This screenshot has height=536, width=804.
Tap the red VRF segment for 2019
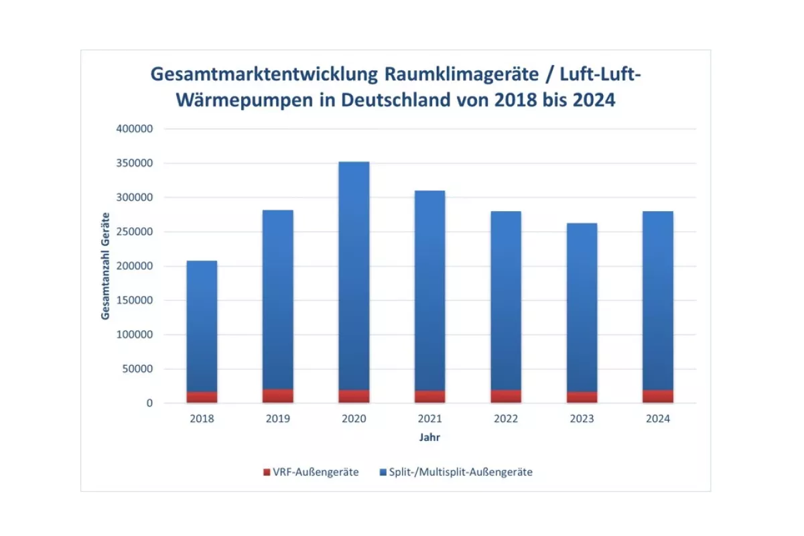coord(277,396)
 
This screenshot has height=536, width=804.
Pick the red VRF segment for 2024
coord(658,396)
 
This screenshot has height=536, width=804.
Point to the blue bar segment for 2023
coord(582,308)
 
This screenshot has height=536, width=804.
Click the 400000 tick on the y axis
coord(136,129)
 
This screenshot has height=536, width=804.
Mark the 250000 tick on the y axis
coord(136,232)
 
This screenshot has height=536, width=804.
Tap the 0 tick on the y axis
coord(150,403)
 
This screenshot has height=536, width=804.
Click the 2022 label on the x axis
coord(506,419)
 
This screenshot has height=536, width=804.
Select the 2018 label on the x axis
coord(202,419)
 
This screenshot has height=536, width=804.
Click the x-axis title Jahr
coord(429,438)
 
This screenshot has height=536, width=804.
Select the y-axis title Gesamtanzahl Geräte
coord(106,266)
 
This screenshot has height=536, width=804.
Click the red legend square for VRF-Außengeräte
coord(267,472)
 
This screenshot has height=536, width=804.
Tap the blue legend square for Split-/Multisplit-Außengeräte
coord(383,472)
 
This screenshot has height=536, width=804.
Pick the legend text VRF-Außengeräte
coord(316,472)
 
